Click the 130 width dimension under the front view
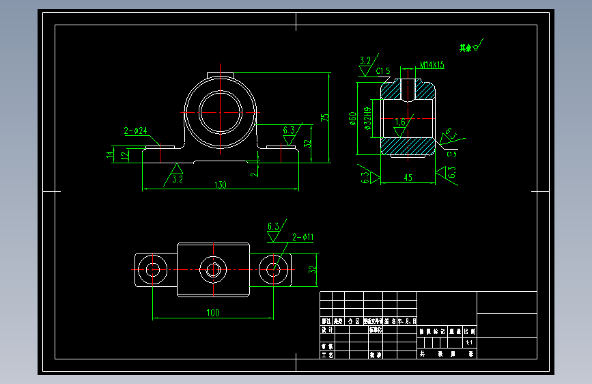pos(221,184)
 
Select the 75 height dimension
pos(326,117)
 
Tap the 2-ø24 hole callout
pos(135,131)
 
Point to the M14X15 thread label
pos(432,65)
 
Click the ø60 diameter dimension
pos(352,119)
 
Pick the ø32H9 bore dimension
pos(368,118)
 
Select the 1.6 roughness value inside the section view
pos(400,122)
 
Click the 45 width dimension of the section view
pos(407,179)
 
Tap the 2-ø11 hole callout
pos(302,237)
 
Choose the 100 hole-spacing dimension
pos(212,313)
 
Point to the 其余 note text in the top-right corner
pos(466,48)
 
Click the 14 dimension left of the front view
pos(109,155)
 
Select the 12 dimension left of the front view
pos(124,155)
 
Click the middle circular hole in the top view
pos(212,269)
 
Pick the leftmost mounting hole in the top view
pos(152,269)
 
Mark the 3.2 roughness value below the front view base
pos(178,180)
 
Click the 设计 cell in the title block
pos(326,329)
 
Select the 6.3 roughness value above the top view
pos(273,226)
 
